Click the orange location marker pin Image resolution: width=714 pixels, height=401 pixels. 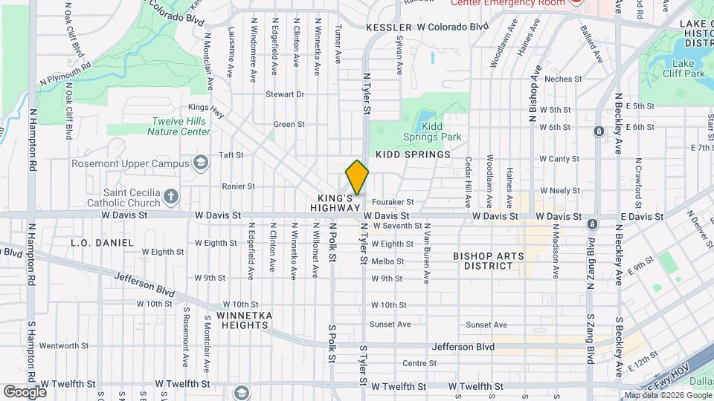357,177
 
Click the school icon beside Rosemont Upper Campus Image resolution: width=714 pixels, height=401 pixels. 200,163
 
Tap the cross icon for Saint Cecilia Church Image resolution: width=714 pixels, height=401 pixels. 171,197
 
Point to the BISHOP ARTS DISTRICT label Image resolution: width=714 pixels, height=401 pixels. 488,261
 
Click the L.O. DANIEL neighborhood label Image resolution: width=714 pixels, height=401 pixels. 101,243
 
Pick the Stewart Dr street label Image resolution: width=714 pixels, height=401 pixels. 286,94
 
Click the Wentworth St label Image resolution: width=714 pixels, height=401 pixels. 64,346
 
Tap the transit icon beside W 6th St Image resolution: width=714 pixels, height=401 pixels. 599,131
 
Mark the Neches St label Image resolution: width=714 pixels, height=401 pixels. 557,79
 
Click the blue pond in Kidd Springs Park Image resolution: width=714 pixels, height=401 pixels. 423,119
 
